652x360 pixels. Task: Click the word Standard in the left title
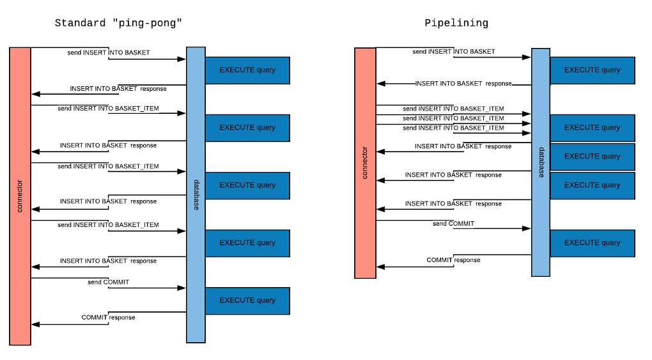pyautogui.click(x=79, y=24)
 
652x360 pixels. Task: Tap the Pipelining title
pyautogui.click(x=456, y=24)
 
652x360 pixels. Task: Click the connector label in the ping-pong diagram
pyautogui.click(x=20, y=196)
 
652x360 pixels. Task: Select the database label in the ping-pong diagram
pyautogui.click(x=196, y=195)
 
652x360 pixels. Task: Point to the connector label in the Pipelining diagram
pyautogui.click(x=365, y=163)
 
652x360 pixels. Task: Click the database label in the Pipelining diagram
pyautogui.click(x=541, y=162)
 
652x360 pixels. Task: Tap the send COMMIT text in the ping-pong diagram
pyautogui.click(x=108, y=282)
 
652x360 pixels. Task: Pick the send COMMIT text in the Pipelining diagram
pyautogui.click(x=453, y=224)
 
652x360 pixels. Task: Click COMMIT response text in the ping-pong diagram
pyautogui.click(x=108, y=317)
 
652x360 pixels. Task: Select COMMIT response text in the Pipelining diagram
pyautogui.click(x=453, y=260)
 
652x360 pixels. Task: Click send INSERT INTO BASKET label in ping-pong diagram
pyautogui.click(x=109, y=52)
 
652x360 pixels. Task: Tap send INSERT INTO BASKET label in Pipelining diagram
pyautogui.click(x=454, y=52)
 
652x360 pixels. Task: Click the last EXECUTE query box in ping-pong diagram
pyautogui.click(x=247, y=301)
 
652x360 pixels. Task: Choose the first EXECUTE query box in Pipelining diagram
pyautogui.click(x=592, y=70)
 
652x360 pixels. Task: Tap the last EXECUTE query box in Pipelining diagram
pyautogui.click(x=592, y=243)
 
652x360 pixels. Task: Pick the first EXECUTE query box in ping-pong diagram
pyautogui.click(x=247, y=70)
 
